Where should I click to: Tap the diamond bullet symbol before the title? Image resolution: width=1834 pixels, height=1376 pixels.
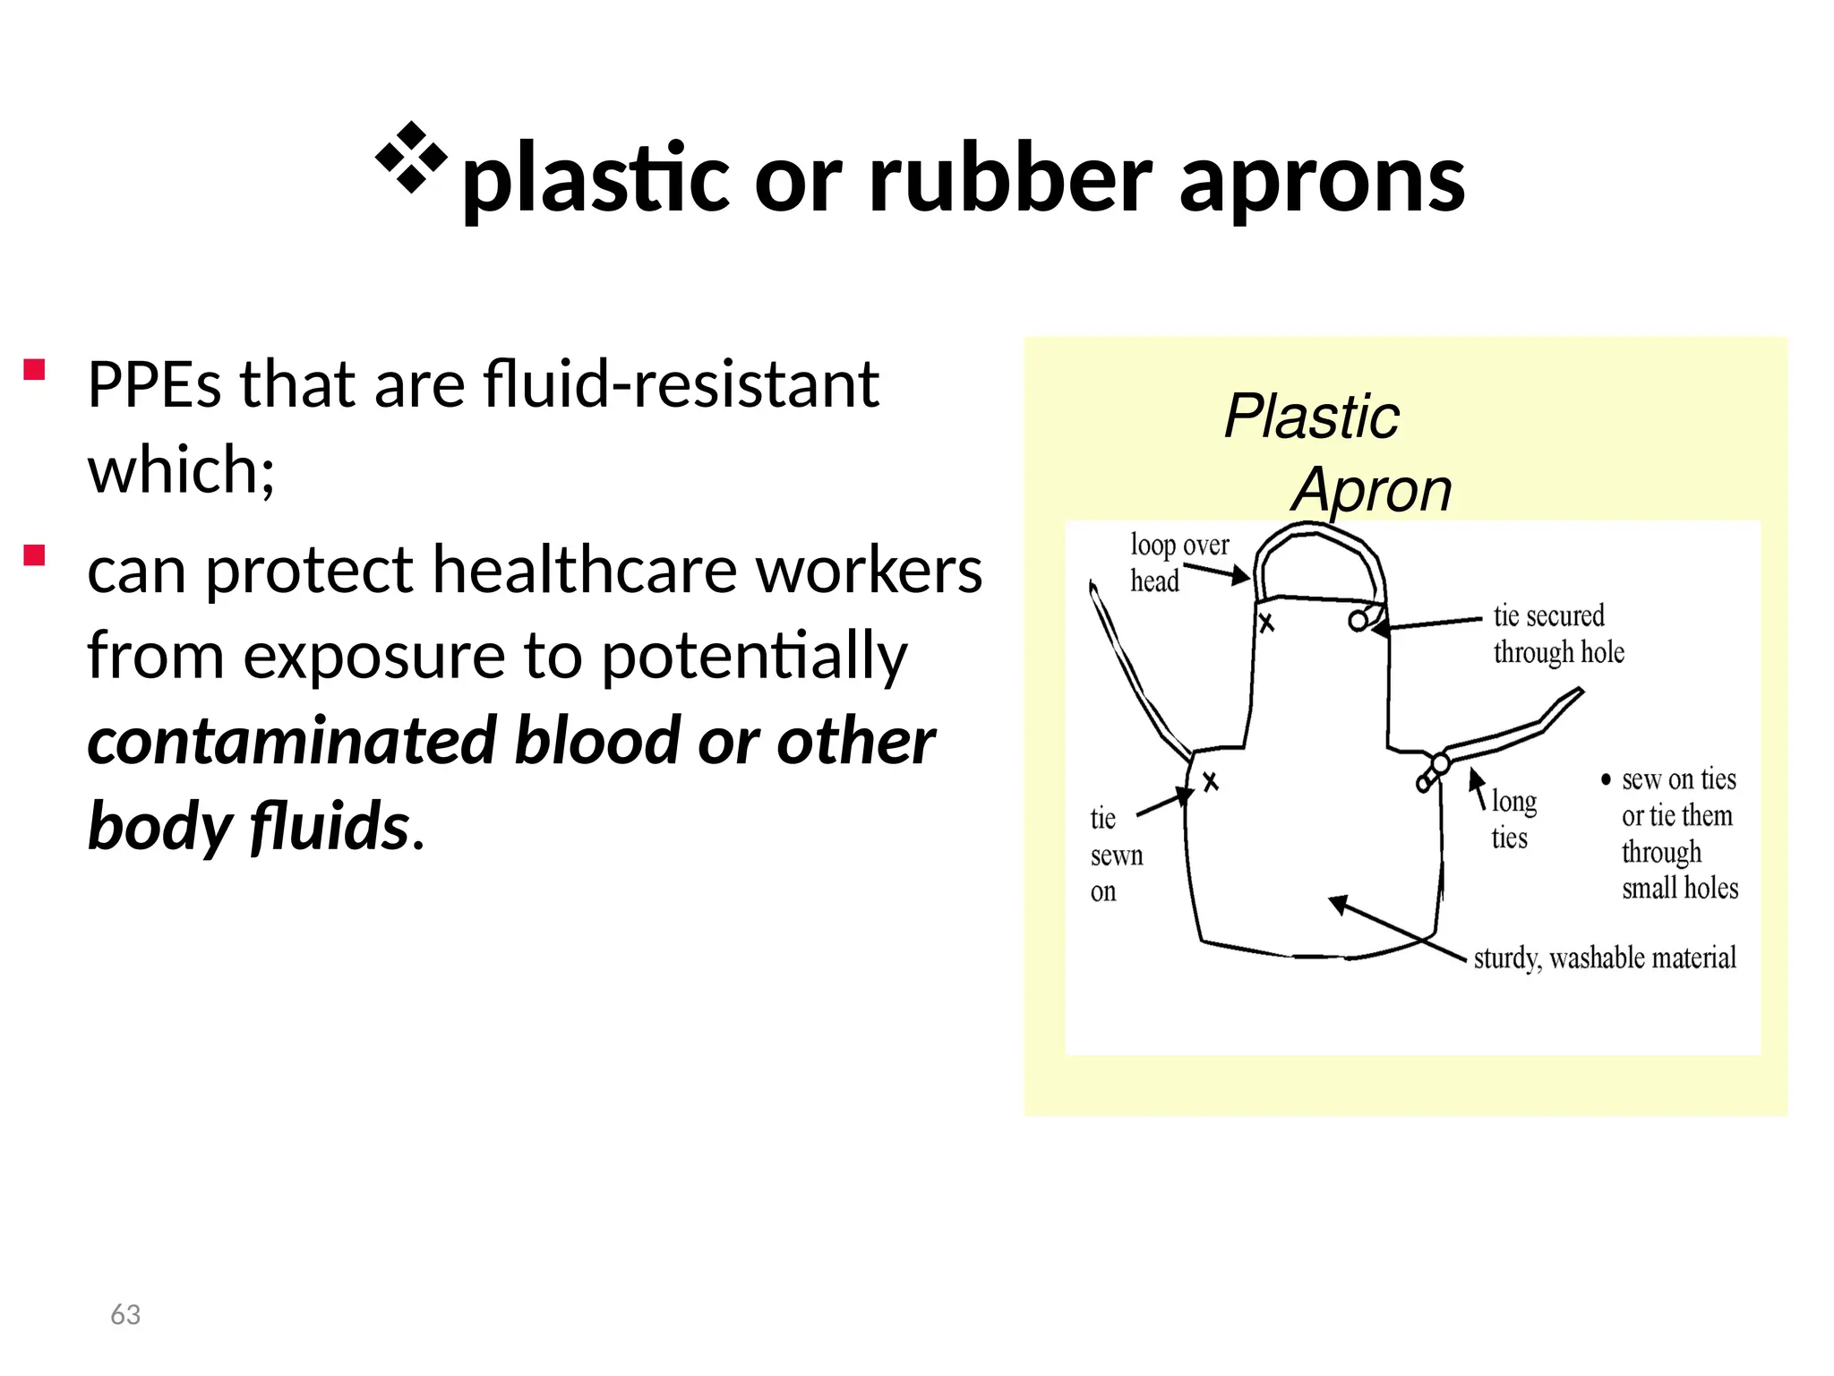pos(411,158)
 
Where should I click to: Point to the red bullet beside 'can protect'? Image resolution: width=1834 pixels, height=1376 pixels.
pos(34,555)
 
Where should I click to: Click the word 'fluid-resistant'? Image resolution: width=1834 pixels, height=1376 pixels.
pos(681,383)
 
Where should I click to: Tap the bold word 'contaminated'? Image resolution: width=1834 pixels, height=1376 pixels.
pos(292,742)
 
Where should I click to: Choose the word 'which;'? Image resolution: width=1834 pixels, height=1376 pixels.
pos(181,469)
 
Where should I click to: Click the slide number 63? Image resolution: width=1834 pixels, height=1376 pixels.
pos(125,1314)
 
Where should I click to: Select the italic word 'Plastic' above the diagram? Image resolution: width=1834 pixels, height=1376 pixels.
pos(1311,417)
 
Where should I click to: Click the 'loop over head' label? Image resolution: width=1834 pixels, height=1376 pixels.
pos(1178,563)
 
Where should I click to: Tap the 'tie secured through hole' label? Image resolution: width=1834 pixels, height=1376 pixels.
pos(1558,634)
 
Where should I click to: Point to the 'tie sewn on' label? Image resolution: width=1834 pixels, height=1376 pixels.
pos(1114,855)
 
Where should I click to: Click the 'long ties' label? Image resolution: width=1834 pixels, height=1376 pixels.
pos(1513,819)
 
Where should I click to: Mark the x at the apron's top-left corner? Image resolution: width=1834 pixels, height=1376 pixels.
pos(1266,623)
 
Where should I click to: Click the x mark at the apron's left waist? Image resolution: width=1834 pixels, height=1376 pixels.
pos(1210,782)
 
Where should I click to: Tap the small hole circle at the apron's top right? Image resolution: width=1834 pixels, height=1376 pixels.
pos(1358,621)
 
